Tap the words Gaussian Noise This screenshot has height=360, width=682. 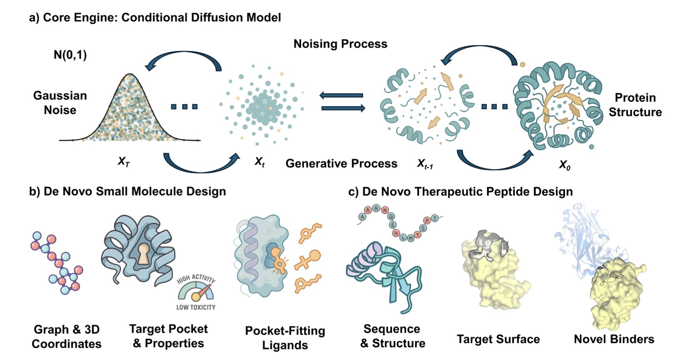(60, 103)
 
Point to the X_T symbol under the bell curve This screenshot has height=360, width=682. (123, 162)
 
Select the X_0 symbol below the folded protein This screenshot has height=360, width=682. (564, 165)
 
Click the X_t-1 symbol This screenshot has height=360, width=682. (425, 164)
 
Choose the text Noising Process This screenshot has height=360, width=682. (340, 44)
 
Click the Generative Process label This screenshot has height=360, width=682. (341, 163)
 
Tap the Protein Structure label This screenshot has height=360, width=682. (635, 105)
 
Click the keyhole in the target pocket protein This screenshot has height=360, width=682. (143, 254)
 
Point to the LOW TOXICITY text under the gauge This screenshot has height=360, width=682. (196, 307)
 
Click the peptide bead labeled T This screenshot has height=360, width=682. (435, 218)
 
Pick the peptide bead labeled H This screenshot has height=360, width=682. (396, 233)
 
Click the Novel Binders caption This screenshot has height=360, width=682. (614, 339)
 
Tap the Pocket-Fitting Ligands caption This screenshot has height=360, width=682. (285, 338)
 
